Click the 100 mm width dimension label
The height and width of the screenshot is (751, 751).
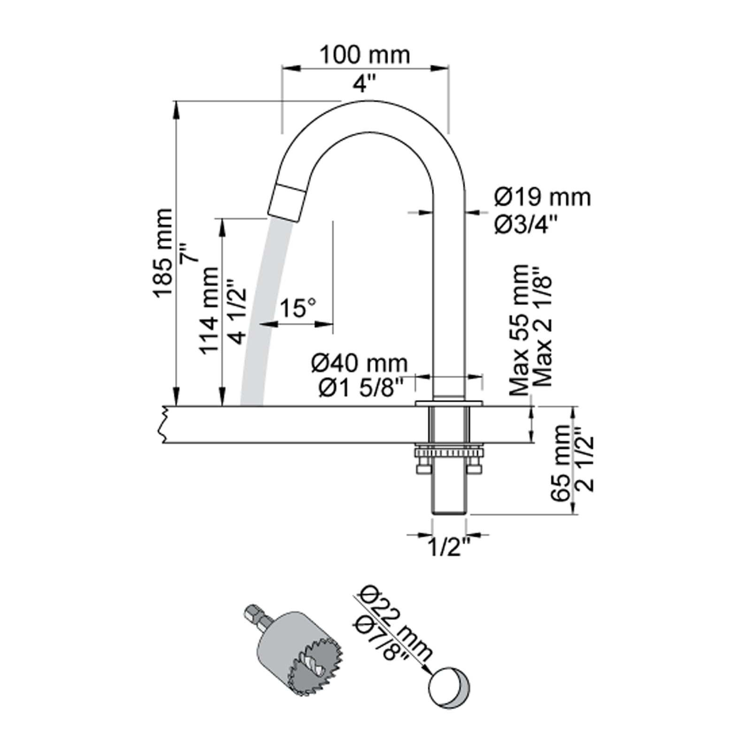[x=365, y=55]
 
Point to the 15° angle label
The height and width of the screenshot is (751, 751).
[x=299, y=308]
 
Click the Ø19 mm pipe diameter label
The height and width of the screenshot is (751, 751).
[x=542, y=198]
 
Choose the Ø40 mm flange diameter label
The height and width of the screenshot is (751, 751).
[x=360, y=363]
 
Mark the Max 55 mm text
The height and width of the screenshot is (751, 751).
[x=520, y=330]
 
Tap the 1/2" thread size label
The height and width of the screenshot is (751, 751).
[x=449, y=547]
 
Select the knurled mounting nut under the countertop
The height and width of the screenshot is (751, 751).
[x=448, y=453]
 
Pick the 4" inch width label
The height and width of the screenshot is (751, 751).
[x=365, y=85]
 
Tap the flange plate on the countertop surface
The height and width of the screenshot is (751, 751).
[x=449, y=402]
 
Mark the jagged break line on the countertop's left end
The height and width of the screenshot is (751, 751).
[x=164, y=424]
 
